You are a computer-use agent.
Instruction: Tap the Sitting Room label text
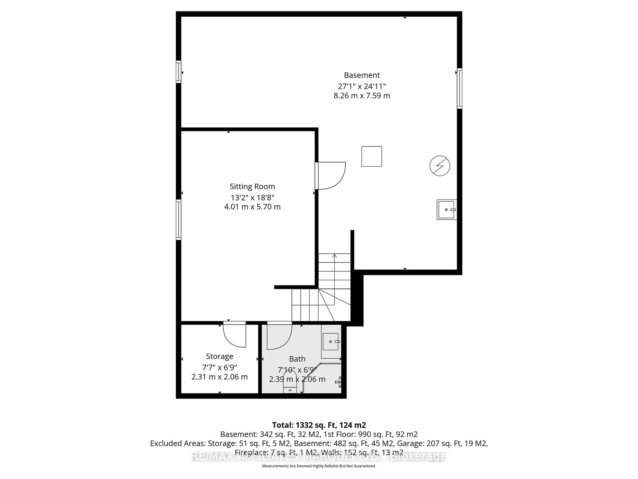[x=252, y=186]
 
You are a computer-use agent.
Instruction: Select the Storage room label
[x=219, y=356]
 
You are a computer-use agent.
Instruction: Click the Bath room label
[x=297, y=359]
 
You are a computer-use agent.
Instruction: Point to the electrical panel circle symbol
[x=440, y=166]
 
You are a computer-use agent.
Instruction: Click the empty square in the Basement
[x=372, y=157]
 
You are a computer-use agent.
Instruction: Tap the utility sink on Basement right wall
[x=446, y=210]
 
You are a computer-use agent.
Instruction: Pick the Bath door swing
[x=279, y=336]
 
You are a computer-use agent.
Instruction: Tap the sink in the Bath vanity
[x=330, y=342]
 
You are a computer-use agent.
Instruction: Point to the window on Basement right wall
[x=459, y=88]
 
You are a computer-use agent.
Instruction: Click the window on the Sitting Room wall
[x=179, y=220]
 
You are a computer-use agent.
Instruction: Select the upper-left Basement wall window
[x=179, y=72]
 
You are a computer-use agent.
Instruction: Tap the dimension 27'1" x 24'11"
[x=362, y=86]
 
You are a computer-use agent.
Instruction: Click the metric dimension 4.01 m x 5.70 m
[x=252, y=207]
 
